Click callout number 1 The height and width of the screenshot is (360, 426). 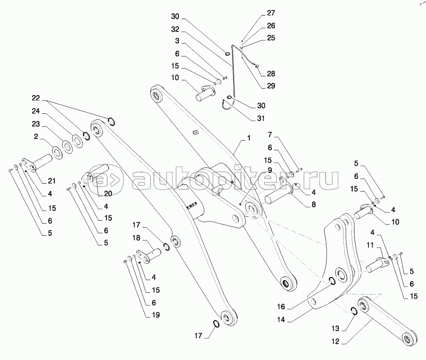click(249, 138)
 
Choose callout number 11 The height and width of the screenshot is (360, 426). click(370, 245)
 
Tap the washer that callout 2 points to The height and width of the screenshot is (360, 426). click(56, 152)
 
